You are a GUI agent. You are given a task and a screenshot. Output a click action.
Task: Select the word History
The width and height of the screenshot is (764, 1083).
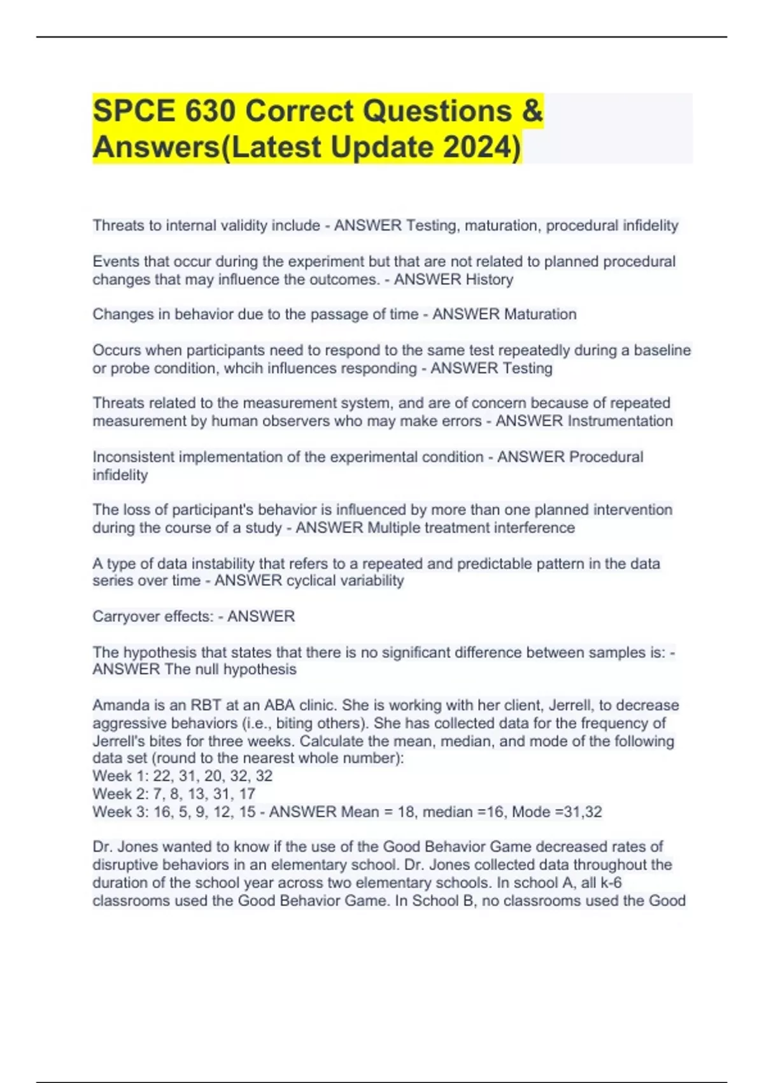click(x=489, y=280)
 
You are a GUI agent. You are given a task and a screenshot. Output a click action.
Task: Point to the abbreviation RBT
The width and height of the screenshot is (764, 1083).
click(x=200, y=705)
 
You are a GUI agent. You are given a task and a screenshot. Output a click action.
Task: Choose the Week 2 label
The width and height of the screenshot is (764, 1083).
click(x=120, y=794)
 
